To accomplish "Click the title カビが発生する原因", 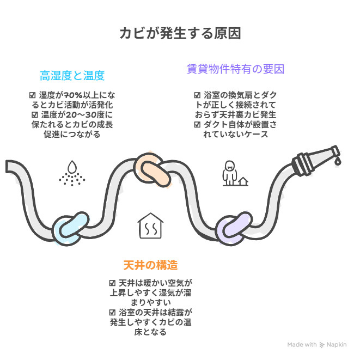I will pos(180,34).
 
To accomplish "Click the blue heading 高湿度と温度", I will pos(72,75).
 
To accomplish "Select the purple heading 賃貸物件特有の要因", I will pos(236,69).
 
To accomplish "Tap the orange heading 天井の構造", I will pos(150,265).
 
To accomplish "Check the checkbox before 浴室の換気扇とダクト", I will pos(197,95).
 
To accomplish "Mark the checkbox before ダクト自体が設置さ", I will pos(197,125).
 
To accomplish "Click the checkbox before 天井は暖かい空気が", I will pos(112,283).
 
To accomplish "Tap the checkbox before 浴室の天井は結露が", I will pos(112,313).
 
